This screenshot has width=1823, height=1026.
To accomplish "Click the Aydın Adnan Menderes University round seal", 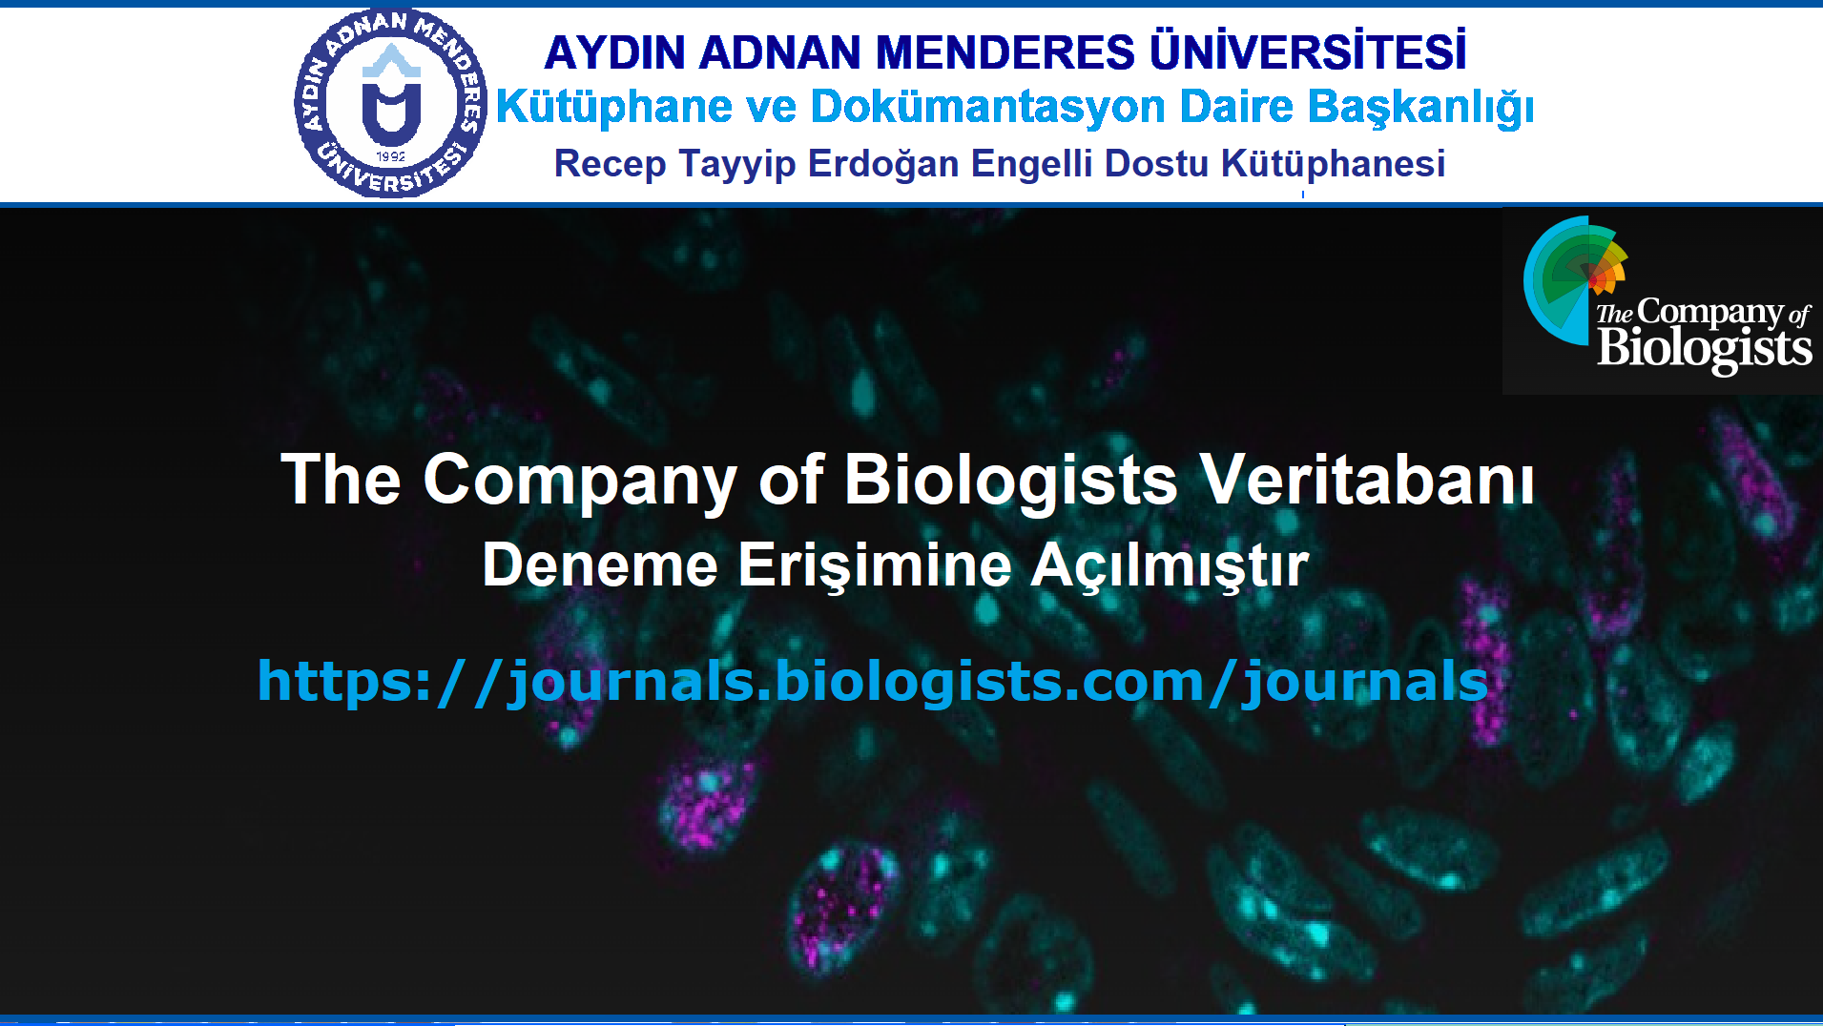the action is [391, 103].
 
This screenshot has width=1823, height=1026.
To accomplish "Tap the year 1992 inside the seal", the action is [391, 156].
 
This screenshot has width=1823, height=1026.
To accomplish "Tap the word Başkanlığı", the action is [1420, 108].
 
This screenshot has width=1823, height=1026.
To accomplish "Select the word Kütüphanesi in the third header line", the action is [1333, 164].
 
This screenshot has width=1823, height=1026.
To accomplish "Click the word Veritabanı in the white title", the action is [1367, 479].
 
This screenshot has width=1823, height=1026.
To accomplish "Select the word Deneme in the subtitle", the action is [600, 565].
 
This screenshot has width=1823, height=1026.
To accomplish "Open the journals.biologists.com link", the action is [873, 683].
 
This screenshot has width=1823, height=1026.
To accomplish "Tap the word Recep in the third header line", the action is [611, 165].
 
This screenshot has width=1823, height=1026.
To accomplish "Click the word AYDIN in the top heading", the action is [615, 52].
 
